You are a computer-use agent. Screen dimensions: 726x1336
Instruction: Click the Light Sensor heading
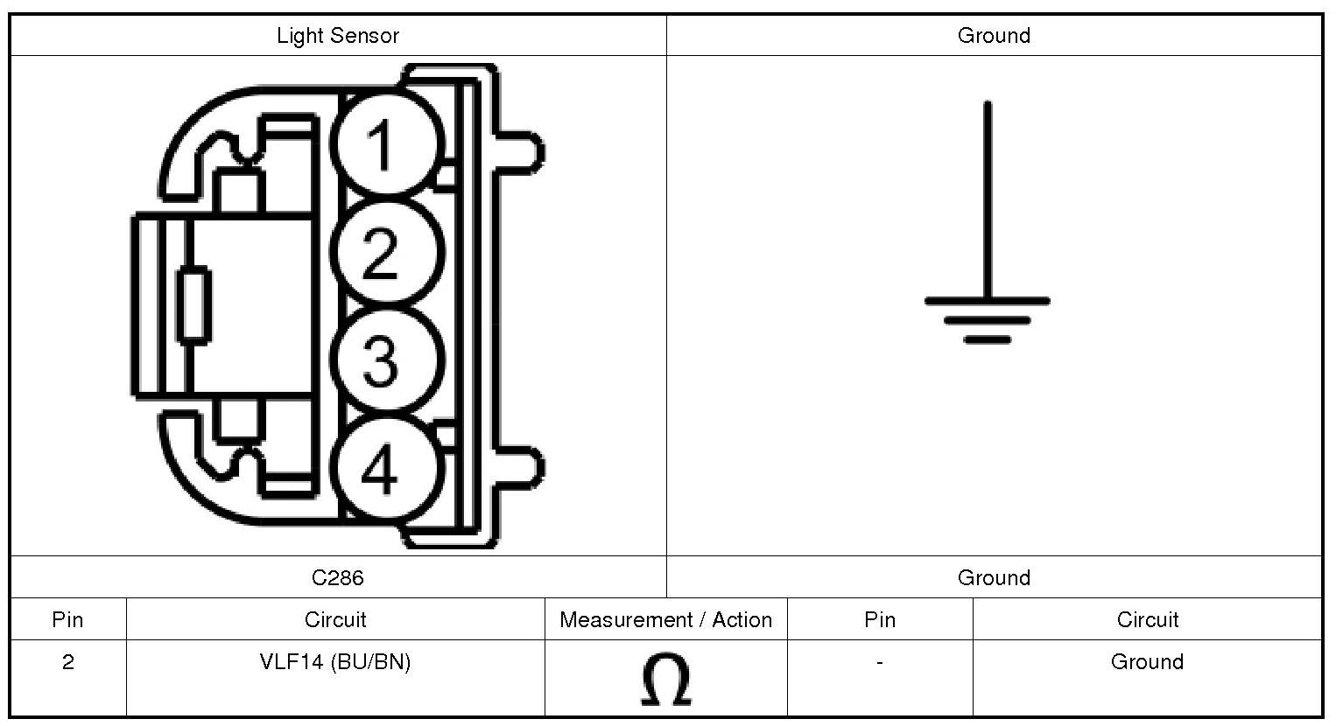click(338, 36)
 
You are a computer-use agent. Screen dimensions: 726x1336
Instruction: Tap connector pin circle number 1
click(386, 143)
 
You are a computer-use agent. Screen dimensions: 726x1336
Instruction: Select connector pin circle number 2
click(386, 253)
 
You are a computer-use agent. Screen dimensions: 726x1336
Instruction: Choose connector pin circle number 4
click(386, 469)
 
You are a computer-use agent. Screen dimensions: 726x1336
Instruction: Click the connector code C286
click(338, 577)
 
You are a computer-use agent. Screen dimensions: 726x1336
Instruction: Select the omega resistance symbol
click(665, 680)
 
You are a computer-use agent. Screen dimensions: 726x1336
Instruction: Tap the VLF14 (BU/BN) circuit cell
click(335, 662)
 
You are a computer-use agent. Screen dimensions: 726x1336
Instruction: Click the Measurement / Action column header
click(665, 620)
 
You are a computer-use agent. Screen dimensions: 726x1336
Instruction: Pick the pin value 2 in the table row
click(68, 662)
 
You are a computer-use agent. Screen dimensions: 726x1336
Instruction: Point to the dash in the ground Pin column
click(879, 662)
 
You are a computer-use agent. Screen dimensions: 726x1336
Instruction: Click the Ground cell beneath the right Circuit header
click(1147, 662)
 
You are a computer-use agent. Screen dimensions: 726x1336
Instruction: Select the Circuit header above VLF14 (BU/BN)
click(335, 620)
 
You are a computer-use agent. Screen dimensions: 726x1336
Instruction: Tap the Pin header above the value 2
click(68, 620)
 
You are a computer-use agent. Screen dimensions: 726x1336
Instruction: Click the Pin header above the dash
click(879, 620)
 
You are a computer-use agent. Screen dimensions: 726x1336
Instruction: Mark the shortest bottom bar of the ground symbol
click(988, 339)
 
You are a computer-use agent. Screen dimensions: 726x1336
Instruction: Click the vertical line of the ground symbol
click(988, 201)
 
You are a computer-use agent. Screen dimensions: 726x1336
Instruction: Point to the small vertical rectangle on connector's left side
click(194, 305)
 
